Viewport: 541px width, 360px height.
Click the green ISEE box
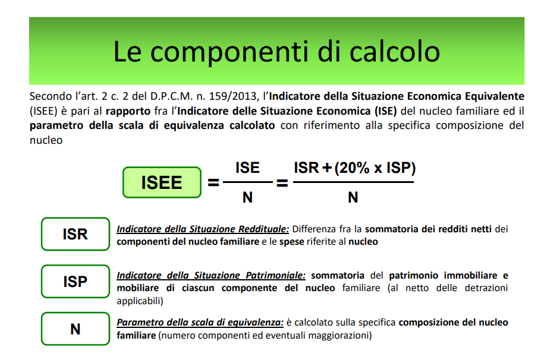coord(162,182)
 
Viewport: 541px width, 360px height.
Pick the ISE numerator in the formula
coord(247,168)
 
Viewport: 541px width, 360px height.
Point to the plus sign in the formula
coord(326,168)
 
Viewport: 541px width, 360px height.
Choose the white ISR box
coord(76,234)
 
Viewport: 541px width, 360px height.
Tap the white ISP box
coord(76,282)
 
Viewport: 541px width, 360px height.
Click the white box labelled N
coord(76,329)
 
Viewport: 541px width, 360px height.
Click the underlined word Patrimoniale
coord(276,276)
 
